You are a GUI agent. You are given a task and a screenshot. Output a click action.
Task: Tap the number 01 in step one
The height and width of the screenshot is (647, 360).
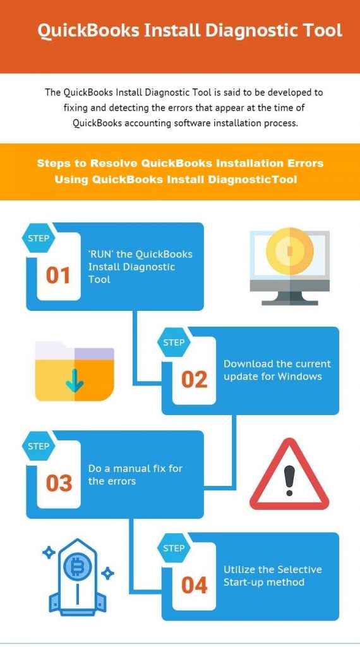pos(58,275)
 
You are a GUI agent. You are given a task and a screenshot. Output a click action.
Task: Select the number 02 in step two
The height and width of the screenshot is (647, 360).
pos(194,380)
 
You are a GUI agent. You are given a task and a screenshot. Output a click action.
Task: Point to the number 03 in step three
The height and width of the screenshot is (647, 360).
pos(59,483)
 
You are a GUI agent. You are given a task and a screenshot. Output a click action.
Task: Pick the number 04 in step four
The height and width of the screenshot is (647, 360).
pos(194,585)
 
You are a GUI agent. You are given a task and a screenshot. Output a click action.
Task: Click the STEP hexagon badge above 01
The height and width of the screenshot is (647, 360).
pos(39,238)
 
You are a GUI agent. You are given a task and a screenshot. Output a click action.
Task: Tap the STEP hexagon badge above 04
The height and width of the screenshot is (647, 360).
pos(174,548)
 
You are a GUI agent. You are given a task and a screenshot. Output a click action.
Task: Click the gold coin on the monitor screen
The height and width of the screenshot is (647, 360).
pos(289,250)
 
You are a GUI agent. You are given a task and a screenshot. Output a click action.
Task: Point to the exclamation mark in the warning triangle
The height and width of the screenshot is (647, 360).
pos(291,480)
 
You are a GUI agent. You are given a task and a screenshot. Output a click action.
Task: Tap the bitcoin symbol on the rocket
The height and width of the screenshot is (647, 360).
pos(76,569)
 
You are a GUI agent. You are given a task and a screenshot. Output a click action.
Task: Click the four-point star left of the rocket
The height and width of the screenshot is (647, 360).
pos(49,552)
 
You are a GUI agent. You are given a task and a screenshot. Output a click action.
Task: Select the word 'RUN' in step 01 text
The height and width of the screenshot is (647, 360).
pos(100,254)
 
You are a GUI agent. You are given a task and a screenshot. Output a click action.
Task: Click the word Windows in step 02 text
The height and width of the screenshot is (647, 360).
pos(299,377)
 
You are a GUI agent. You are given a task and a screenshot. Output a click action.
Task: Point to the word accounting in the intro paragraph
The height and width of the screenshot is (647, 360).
pos(145,123)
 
